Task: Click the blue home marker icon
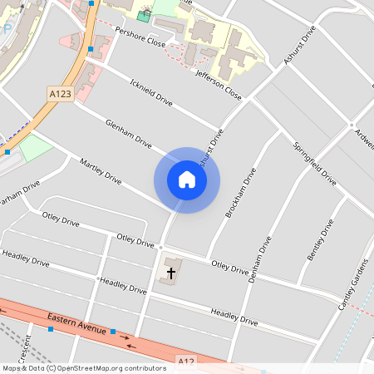pyautogui.click(x=187, y=180)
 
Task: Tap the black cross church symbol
pyautogui.click(x=171, y=272)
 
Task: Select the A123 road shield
pyautogui.click(x=60, y=95)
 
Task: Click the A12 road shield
pyautogui.click(x=186, y=362)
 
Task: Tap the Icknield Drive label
pyautogui.click(x=150, y=92)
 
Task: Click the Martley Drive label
pyautogui.click(x=101, y=169)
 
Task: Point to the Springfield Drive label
pyautogui.click(x=315, y=162)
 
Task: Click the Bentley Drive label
pyautogui.click(x=321, y=239)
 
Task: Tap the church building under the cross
pyautogui.click(x=167, y=276)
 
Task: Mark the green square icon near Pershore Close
pyautogui.click(x=145, y=16)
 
